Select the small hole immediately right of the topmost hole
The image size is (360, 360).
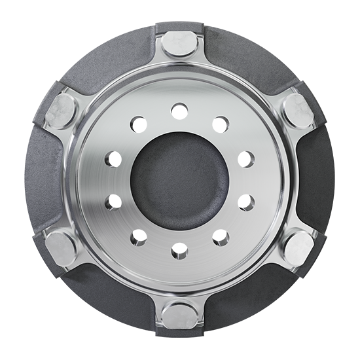click(221, 122)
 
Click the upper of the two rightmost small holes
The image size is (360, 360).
click(248, 157)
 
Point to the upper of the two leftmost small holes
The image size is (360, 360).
click(111, 158)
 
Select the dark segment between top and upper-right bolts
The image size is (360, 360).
click(242, 62)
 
